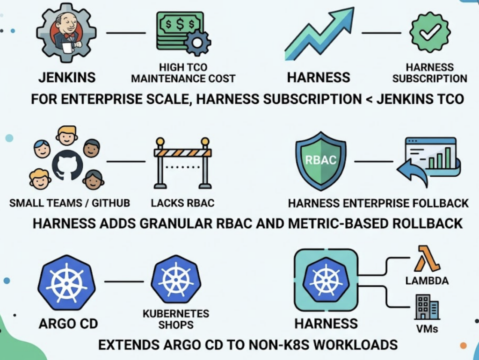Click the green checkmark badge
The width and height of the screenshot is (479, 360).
coord(430,32)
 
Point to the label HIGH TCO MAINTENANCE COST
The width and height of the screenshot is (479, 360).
coord(183,73)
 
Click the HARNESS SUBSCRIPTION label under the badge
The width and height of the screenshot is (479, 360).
coord(429,73)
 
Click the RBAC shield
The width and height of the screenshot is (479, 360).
coord(320,161)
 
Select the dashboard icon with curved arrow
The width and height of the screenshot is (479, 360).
coord(428,161)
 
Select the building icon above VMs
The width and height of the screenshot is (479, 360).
coord(426,306)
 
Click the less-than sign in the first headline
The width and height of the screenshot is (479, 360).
coord(369,99)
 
